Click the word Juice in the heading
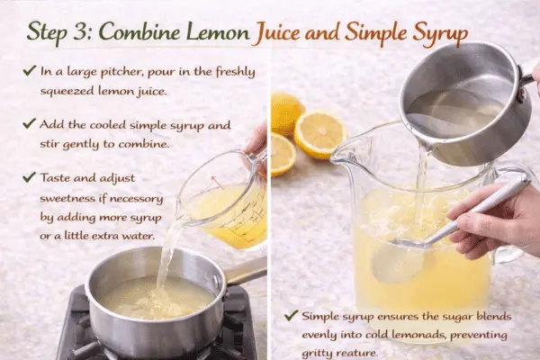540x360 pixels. [283, 31]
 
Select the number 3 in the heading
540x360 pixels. [85, 31]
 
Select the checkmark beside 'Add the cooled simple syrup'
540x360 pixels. [32, 122]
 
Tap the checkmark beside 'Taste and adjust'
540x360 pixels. [32, 178]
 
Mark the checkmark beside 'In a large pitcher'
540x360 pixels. [32, 71]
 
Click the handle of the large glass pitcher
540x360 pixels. [517, 211]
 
